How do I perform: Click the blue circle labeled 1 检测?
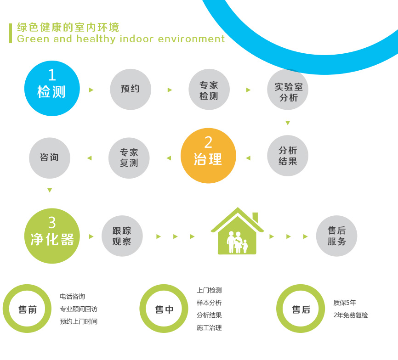pyautogui.click(x=52, y=88)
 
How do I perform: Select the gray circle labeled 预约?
pyautogui.click(x=131, y=89)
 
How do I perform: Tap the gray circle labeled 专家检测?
pyautogui.click(x=209, y=89)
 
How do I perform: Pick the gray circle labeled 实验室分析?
pyautogui.click(x=288, y=89)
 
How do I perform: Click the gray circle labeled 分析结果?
pyautogui.click(x=288, y=156)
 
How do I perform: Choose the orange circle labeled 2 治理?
pyautogui.click(x=208, y=156)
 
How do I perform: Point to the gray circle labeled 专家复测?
pyautogui.click(x=129, y=158)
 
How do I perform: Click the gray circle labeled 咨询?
pyautogui.click(x=50, y=158)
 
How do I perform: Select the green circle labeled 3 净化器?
pyautogui.click(x=52, y=236)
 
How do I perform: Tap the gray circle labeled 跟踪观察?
pyautogui.click(x=122, y=236)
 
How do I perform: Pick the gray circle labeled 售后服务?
pyautogui.click(x=336, y=236)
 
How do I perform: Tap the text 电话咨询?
pyautogui.click(x=72, y=296)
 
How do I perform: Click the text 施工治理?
pyautogui.click(x=209, y=328)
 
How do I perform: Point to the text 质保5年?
pyautogui.click(x=344, y=303)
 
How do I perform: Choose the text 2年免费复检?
pyautogui.click(x=351, y=315)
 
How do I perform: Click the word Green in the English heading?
pyautogui.click(x=33, y=39)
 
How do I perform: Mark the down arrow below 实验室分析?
pyautogui.click(x=288, y=123)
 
